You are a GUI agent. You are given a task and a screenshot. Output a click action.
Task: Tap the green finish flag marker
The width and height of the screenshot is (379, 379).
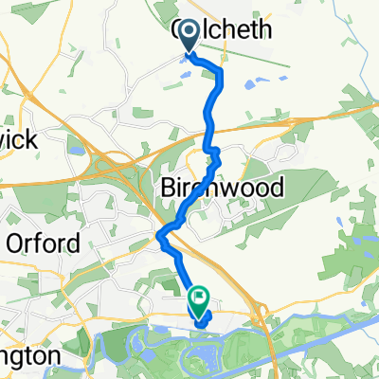[200, 301]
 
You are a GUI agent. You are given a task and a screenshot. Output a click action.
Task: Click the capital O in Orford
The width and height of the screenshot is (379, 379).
[14, 244]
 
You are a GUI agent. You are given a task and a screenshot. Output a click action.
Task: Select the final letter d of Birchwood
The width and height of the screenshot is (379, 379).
[276, 188]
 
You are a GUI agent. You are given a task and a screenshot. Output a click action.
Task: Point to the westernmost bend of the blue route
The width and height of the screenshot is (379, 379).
[159, 235]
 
